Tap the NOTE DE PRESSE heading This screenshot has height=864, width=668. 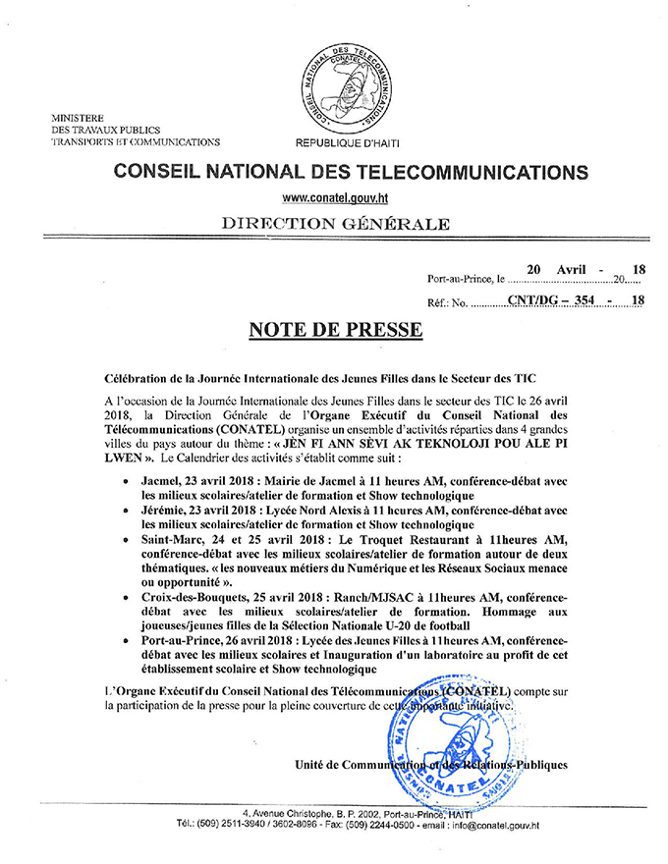click(x=334, y=329)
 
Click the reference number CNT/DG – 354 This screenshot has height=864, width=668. click(x=552, y=301)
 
